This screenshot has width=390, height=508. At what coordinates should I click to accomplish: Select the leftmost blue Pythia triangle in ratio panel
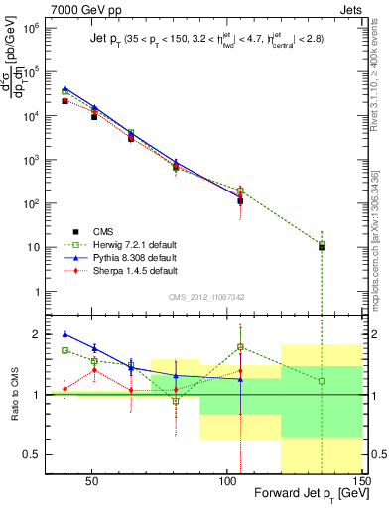pyautogui.click(x=65, y=334)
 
